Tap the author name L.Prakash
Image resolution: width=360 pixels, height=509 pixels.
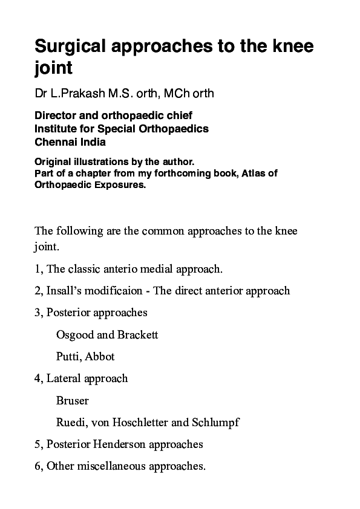tap(71, 94)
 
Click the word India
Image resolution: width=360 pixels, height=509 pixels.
tap(94, 142)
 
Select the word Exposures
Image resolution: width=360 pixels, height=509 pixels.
tap(120, 185)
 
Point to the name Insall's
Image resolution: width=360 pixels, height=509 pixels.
tap(64, 290)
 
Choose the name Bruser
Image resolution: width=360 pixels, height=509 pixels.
tap(73, 400)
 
